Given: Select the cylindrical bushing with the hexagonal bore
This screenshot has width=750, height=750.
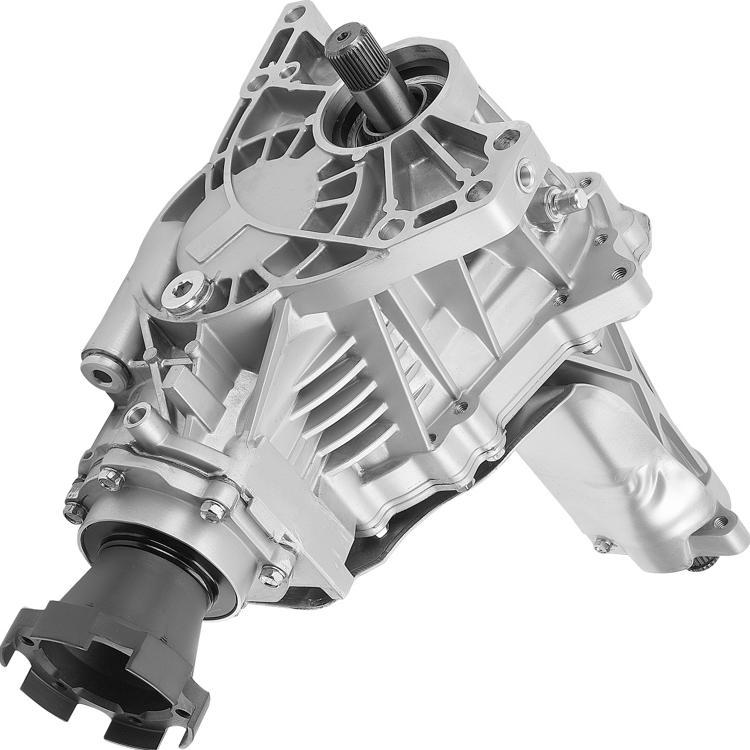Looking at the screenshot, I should pos(102,360).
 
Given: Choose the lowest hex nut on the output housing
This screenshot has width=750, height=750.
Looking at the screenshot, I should pos(268,573).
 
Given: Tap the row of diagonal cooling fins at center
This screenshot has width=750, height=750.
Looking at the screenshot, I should pos(356,375).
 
